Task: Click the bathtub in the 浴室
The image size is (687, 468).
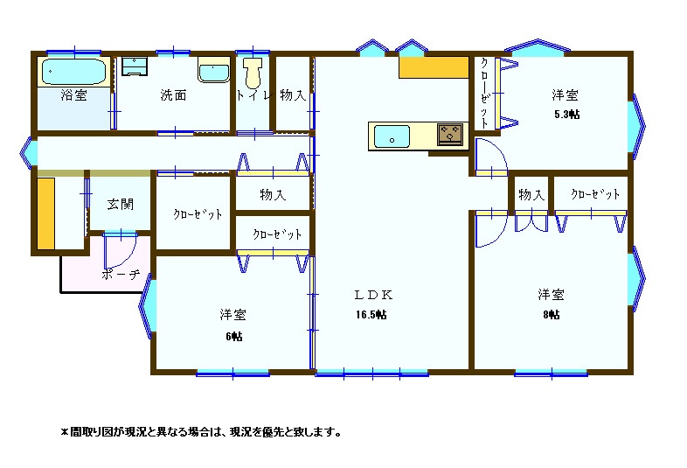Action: [74, 72]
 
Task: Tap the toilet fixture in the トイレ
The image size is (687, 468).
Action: [253, 73]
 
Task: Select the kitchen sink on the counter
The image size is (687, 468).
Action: [392, 136]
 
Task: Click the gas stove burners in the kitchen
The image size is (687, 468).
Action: [450, 134]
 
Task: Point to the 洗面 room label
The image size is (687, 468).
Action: [174, 94]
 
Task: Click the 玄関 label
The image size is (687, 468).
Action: [120, 204]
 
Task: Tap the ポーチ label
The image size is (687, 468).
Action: [121, 275]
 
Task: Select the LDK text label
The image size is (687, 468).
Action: [373, 295]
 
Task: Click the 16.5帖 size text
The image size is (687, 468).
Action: [371, 315]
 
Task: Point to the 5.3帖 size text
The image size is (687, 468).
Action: [566, 115]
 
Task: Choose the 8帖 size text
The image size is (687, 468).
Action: [552, 315]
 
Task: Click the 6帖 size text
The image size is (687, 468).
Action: [234, 337]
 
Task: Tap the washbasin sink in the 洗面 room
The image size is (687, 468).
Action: [214, 72]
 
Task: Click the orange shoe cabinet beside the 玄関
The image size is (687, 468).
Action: [45, 213]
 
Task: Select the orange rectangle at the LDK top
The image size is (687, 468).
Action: [434, 67]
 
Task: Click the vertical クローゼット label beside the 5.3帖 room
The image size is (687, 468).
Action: [484, 93]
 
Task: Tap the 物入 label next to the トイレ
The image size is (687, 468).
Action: [293, 94]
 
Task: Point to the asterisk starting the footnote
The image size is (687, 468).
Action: [65, 432]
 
